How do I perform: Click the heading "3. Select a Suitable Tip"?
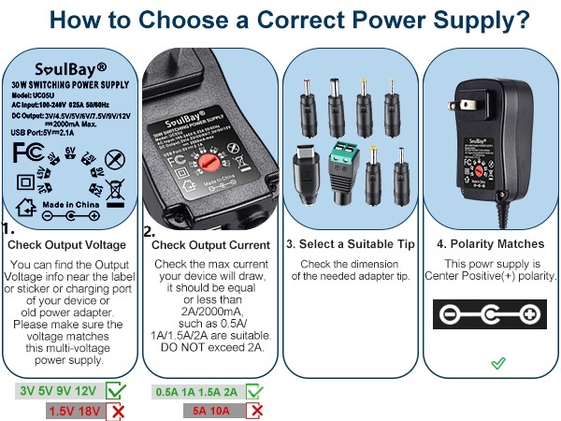(350, 244)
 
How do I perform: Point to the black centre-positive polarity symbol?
(491, 313)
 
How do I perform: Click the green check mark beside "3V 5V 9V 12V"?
(117, 391)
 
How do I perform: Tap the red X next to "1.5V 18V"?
(116, 411)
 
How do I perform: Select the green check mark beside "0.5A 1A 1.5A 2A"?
(255, 391)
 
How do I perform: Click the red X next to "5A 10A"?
(255, 410)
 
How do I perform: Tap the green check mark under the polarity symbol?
(498, 362)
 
